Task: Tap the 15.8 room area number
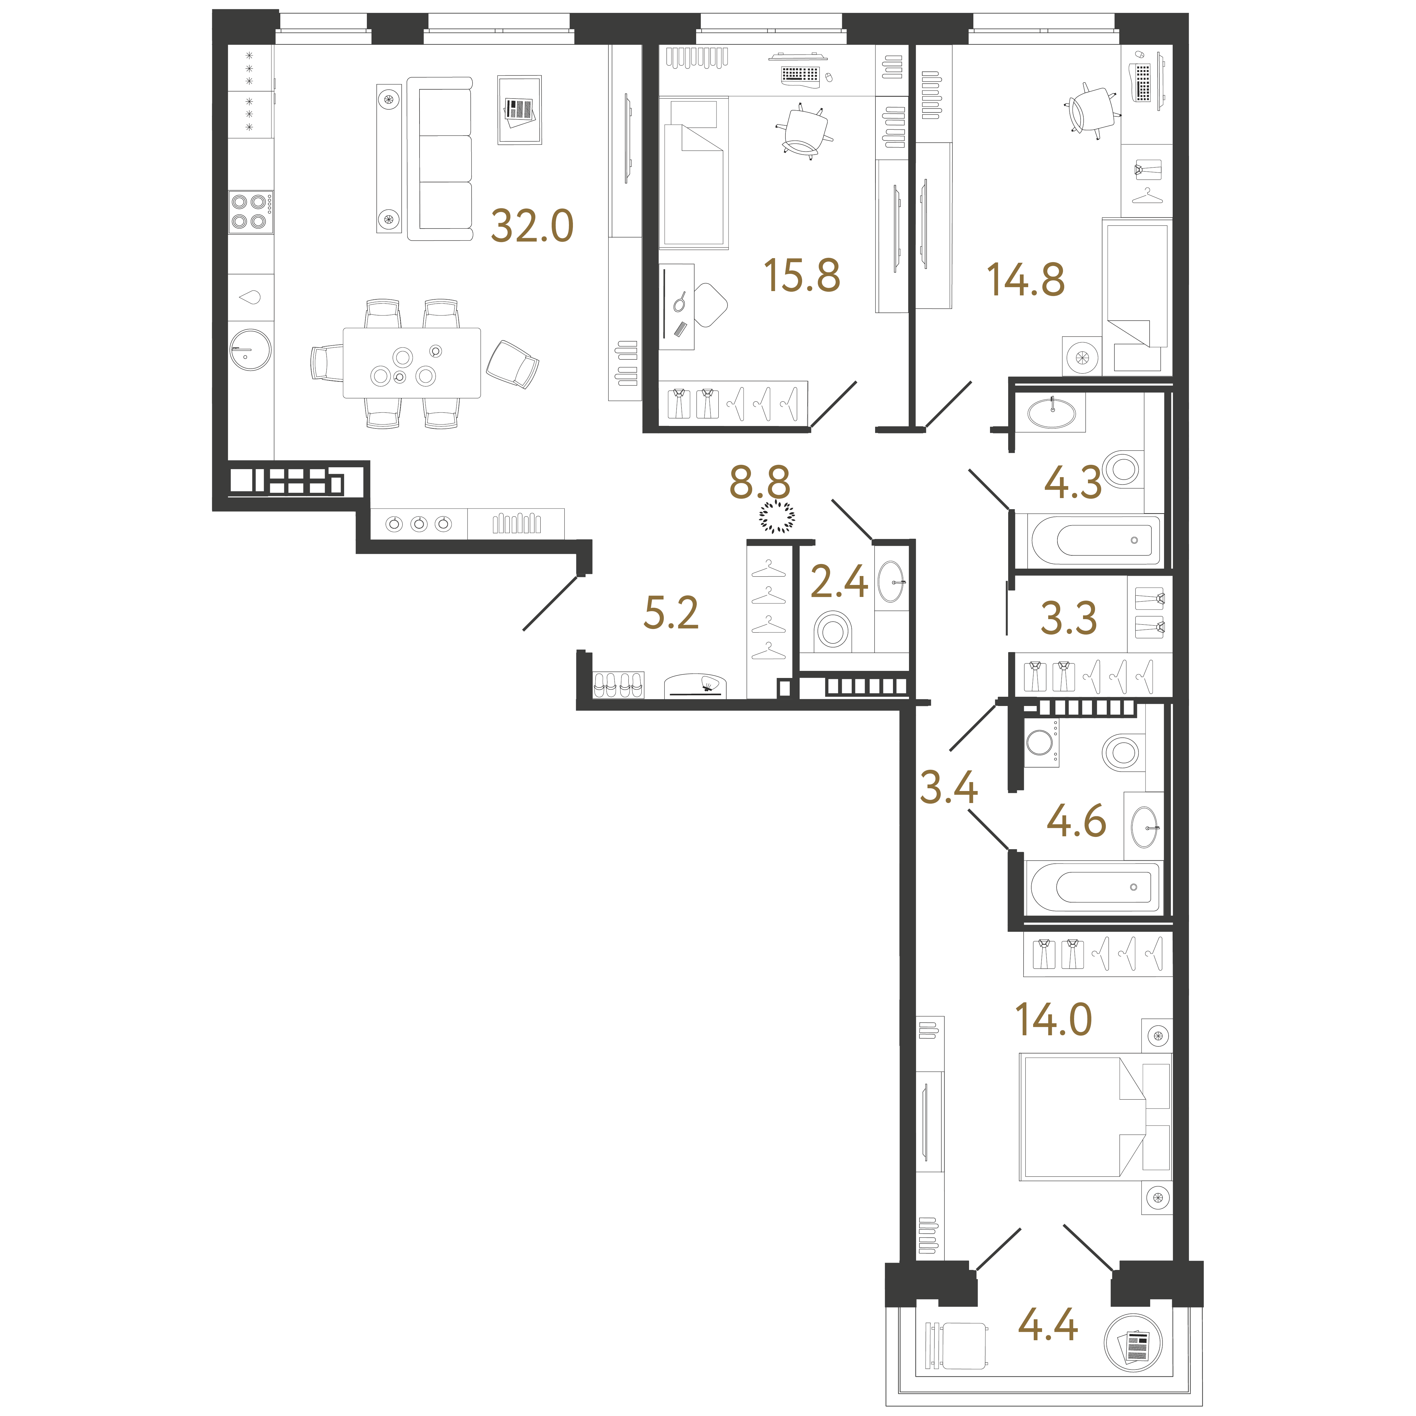pos(802,276)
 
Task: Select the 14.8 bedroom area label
pos(1025,280)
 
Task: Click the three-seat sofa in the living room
pos(440,159)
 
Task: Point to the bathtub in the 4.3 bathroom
pos(1095,540)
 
